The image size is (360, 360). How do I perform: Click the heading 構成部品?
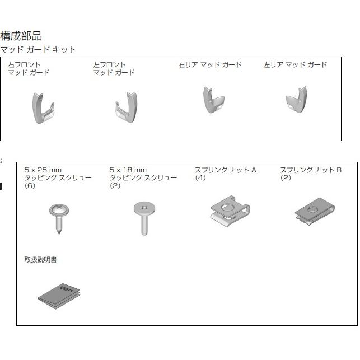click(x=21, y=36)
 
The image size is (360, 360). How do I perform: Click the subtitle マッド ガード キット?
click(x=38, y=50)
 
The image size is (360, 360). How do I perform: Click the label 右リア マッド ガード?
click(x=210, y=65)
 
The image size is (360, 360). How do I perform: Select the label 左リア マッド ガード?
click(x=295, y=65)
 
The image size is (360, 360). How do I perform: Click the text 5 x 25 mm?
click(x=43, y=170)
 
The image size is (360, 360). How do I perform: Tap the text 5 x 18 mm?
click(x=128, y=170)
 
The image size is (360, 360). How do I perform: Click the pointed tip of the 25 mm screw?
click(x=59, y=234)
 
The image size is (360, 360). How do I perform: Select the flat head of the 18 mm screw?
click(x=144, y=208)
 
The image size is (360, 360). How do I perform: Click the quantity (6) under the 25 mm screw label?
click(x=30, y=185)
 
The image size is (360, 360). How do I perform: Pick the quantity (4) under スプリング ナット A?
click(x=200, y=177)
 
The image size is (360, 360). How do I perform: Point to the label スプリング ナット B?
click(x=311, y=170)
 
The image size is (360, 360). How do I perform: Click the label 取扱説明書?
click(x=40, y=260)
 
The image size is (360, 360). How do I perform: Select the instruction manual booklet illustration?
click(x=59, y=296)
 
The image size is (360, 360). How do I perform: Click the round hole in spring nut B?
click(x=312, y=209)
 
